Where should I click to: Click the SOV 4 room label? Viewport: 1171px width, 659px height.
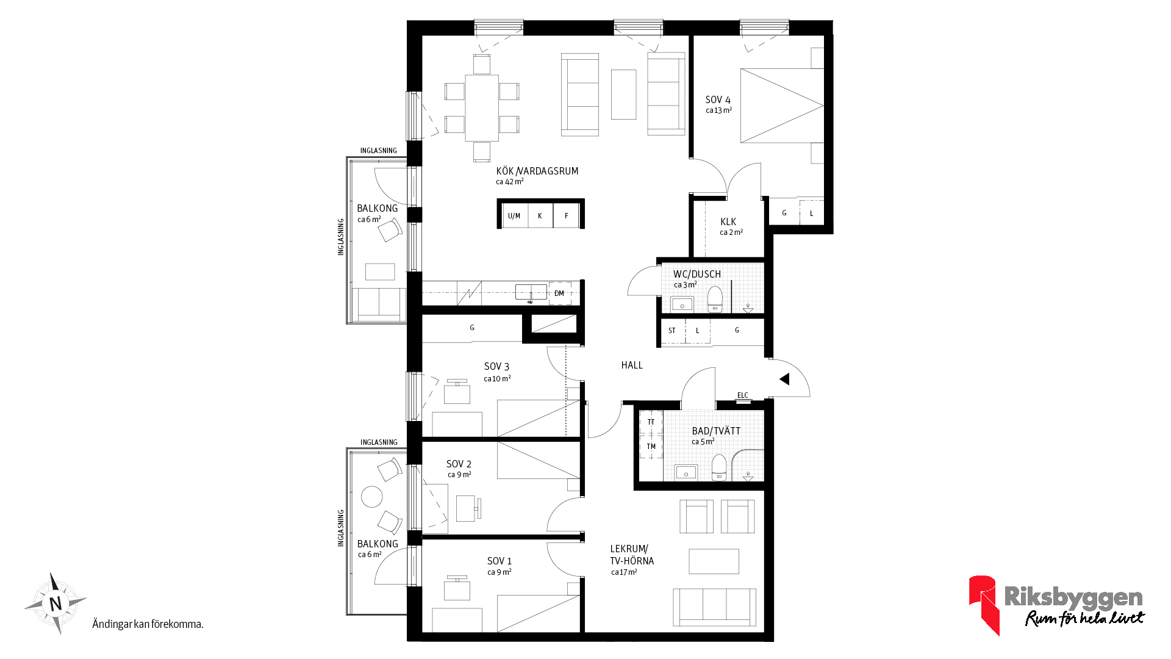[x=718, y=100]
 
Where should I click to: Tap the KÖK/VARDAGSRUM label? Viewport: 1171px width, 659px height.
[x=537, y=171]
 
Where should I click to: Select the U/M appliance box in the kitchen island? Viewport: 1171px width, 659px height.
[x=515, y=216]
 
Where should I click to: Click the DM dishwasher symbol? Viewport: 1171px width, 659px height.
[x=559, y=293]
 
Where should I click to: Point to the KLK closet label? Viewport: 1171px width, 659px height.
[x=728, y=222]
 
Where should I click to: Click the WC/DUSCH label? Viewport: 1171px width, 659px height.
[x=697, y=275]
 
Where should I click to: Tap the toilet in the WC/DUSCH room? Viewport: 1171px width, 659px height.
[x=715, y=299]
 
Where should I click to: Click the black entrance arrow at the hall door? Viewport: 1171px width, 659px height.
[x=785, y=380]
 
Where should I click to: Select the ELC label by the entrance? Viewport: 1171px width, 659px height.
[x=743, y=395]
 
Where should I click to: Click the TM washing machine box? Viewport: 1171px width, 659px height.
[x=651, y=447]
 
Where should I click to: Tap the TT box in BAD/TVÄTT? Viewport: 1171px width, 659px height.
[x=651, y=422]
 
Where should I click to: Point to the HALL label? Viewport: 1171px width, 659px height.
[x=632, y=366]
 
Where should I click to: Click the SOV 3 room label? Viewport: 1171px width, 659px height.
[x=496, y=367]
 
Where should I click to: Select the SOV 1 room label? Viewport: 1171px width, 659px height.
[x=500, y=561]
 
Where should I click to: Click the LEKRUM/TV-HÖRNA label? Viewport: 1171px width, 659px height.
[x=632, y=555]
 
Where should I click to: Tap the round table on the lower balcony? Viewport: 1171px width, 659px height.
[x=372, y=497]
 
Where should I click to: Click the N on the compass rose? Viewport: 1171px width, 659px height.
[x=56, y=604]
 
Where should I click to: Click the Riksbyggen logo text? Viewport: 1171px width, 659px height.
[x=1073, y=597]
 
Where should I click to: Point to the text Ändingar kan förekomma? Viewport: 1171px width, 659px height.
[x=148, y=624]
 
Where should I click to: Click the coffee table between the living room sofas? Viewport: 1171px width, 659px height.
[x=623, y=95]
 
